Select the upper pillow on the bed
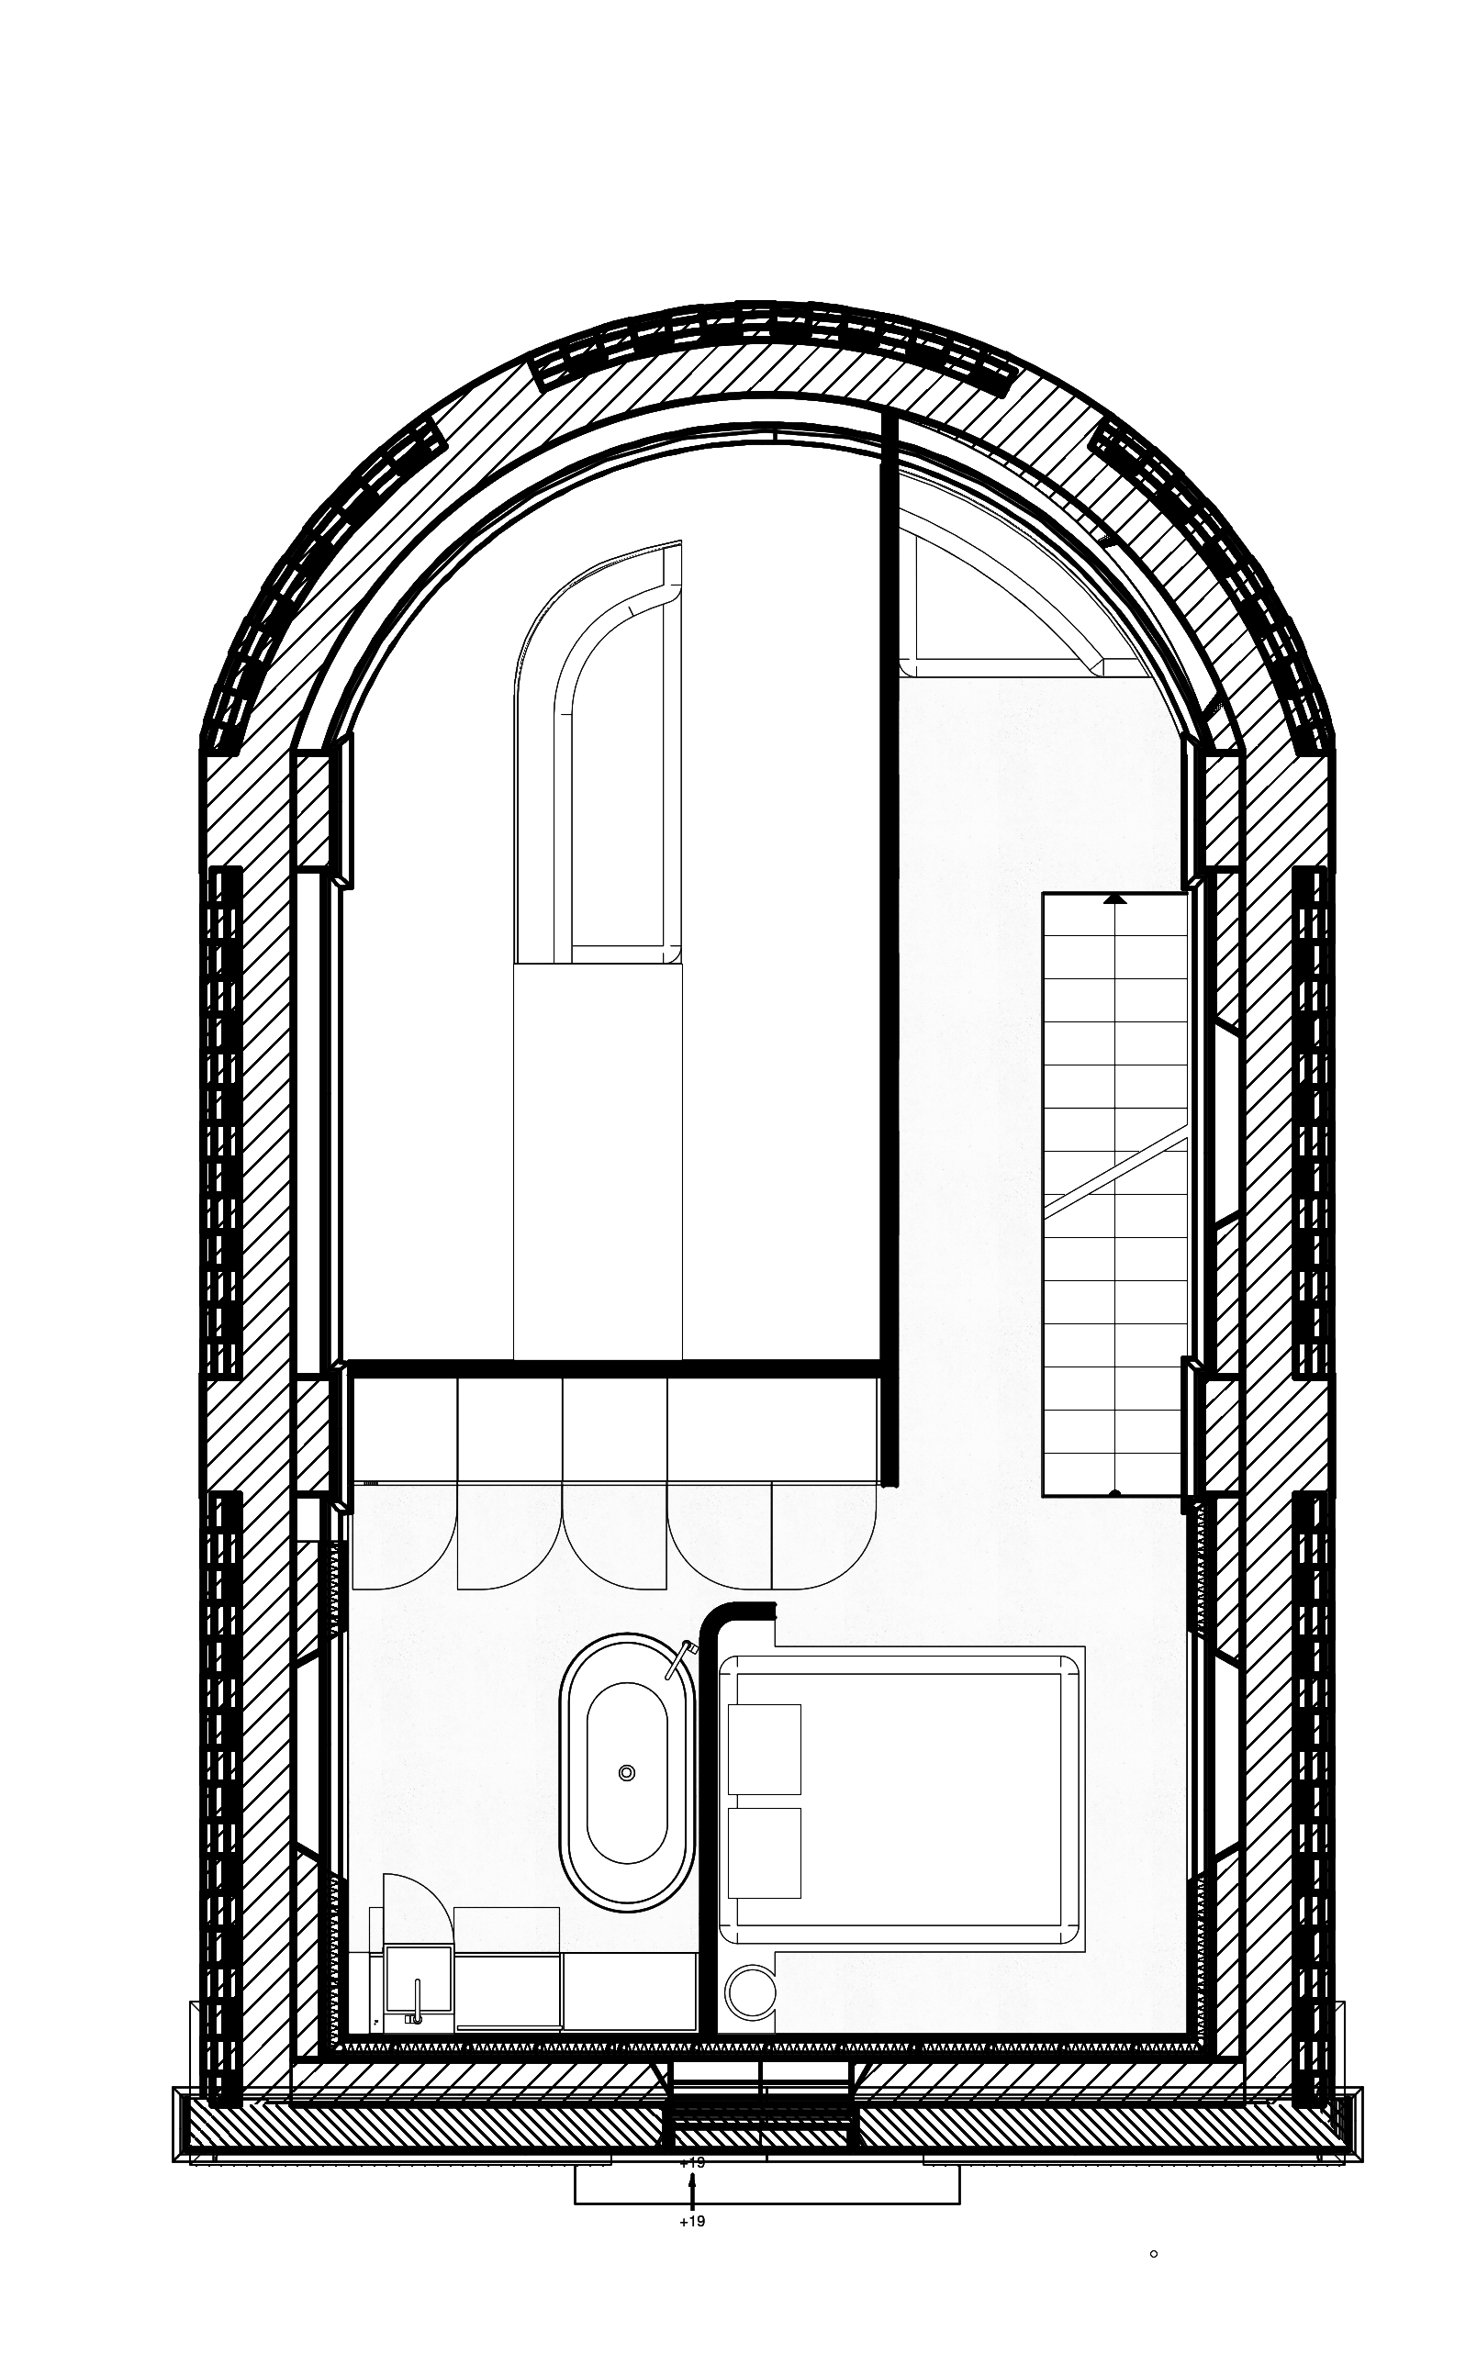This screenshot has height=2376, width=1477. [764, 1748]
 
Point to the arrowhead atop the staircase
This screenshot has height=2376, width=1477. [1114, 899]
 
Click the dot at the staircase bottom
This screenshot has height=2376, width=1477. [1114, 1493]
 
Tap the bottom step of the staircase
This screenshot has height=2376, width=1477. [1114, 1474]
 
